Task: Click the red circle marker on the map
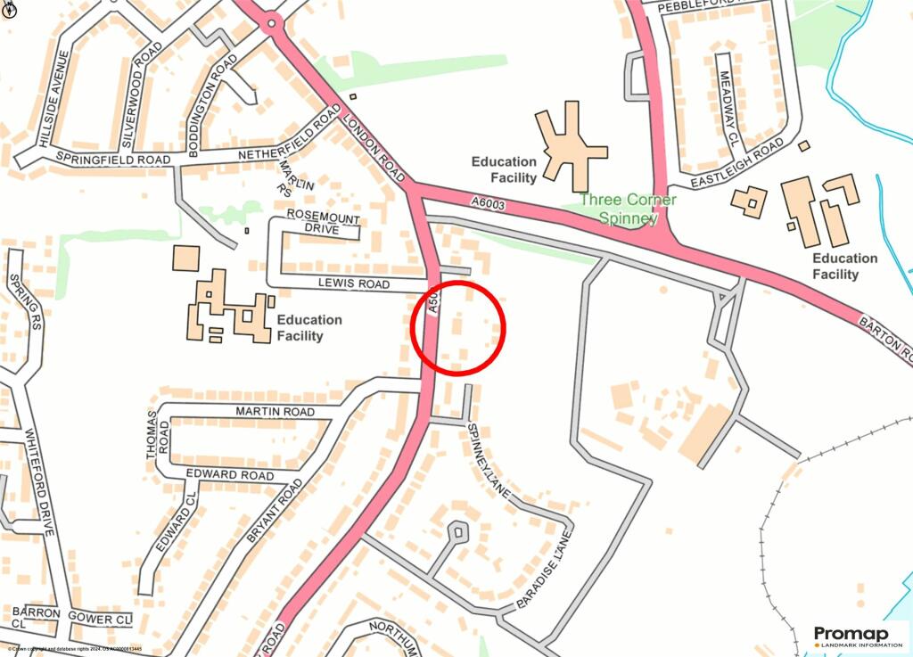[x=458, y=326]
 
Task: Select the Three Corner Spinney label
[x=628, y=209]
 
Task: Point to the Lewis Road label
[x=355, y=284]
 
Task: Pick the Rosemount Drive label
[x=313, y=222]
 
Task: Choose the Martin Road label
[x=275, y=412]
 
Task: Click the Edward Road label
[x=230, y=475]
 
